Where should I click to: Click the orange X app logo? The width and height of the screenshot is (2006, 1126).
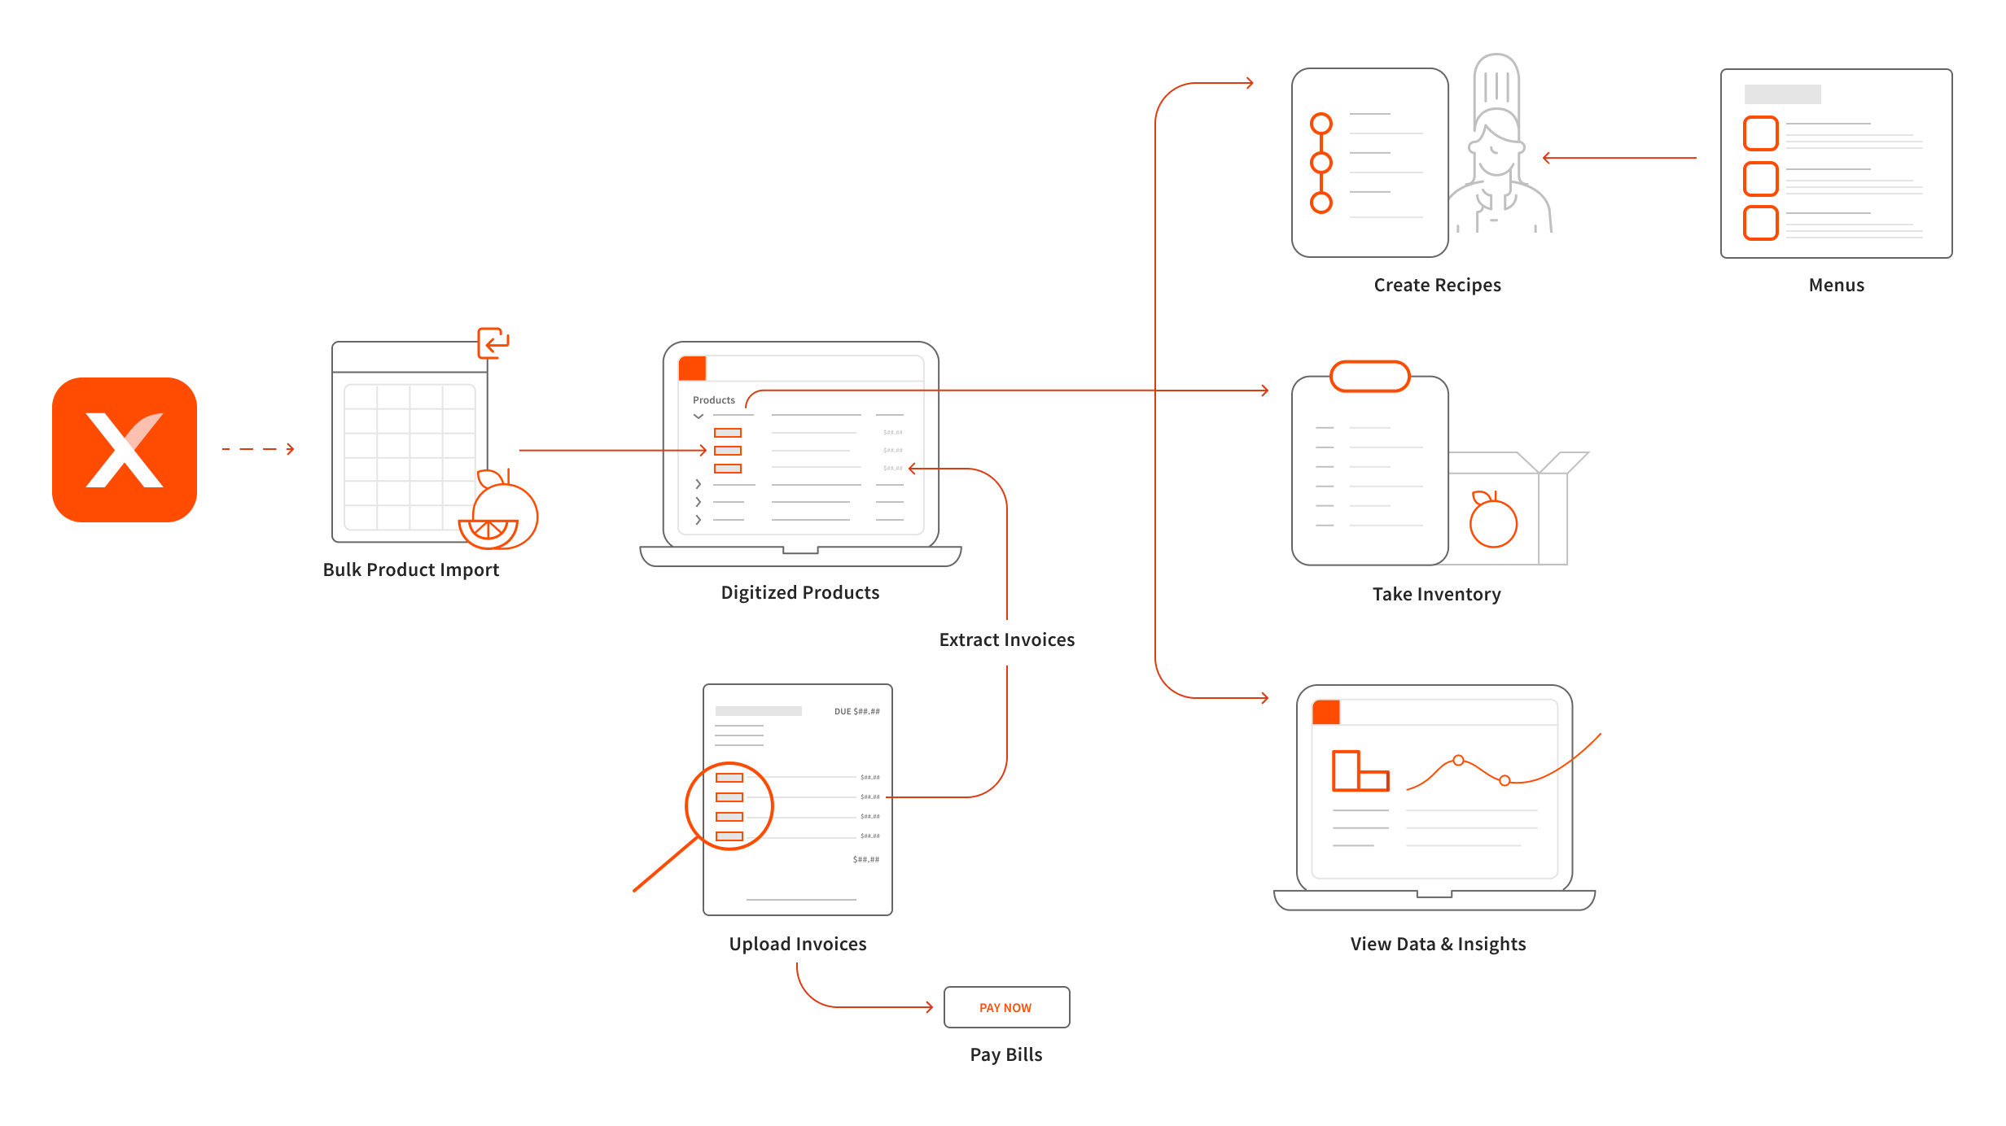[x=125, y=449]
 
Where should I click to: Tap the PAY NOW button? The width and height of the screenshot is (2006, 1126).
[x=1006, y=1007]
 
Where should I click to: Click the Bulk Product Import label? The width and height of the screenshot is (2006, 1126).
[x=411, y=570]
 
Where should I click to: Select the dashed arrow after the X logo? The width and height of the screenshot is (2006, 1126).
[x=258, y=449]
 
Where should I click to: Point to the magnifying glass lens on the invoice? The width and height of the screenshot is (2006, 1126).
[x=729, y=805]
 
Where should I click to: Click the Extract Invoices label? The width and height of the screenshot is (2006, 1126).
[x=1007, y=639]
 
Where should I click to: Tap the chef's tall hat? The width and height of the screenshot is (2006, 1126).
[x=1496, y=81]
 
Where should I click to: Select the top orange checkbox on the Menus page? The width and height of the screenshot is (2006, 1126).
[x=1760, y=133]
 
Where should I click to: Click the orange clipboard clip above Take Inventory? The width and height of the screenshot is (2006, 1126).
[x=1369, y=377]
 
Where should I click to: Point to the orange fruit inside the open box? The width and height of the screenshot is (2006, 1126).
[x=1493, y=522]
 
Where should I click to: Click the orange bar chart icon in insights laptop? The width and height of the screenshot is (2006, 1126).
[x=1359, y=770]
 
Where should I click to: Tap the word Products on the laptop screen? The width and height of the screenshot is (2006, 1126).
[x=713, y=400]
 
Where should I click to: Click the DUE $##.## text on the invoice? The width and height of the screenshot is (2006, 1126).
[x=856, y=711]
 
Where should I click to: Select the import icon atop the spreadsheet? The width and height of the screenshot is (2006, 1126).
[x=493, y=343]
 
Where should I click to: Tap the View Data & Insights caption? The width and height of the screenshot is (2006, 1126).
[x=1438, y=944]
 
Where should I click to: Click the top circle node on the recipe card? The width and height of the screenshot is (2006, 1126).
[x=1321, y=124]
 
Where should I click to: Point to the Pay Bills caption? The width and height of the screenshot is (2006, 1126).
[x=1006, y=1054]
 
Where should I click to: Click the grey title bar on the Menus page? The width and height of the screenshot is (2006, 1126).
[x=1782, y=94]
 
